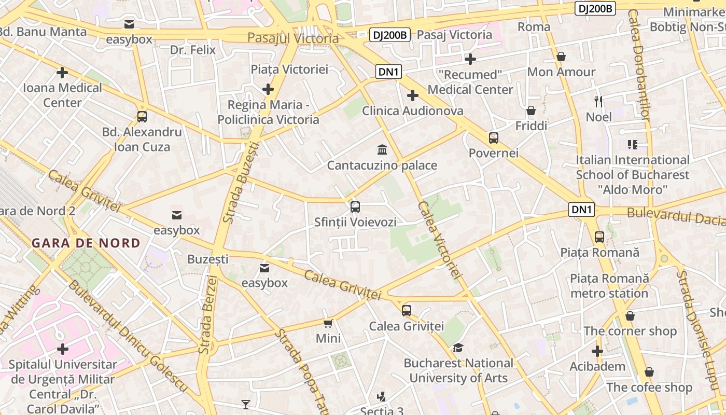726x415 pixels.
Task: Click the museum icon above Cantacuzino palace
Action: (x=382, y=150)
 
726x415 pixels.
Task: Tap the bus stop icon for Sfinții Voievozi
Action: (x=355, y=206)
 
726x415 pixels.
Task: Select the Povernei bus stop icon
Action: (x=493, y=138)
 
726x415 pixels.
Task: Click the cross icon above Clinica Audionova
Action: (x=413, y=95)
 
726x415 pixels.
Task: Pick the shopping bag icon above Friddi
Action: (x=531, y=110)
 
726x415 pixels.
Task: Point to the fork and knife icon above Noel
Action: (x=598, y=101)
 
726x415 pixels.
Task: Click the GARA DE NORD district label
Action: (x=86, y=243)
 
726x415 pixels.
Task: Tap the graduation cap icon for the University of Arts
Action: (x=458, y=348)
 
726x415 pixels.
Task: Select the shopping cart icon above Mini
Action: (x=328, y=324)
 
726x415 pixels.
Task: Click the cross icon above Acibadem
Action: (x=597, y=351)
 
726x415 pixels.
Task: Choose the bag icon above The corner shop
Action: (x=630, y=316)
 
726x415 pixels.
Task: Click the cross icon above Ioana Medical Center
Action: (x=62, y=73)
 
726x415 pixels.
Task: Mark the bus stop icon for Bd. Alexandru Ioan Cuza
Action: (x=142, y=117)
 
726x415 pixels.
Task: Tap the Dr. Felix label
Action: (x=193, y=50)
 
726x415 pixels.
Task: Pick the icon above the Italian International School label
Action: (x=632, y=145)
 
